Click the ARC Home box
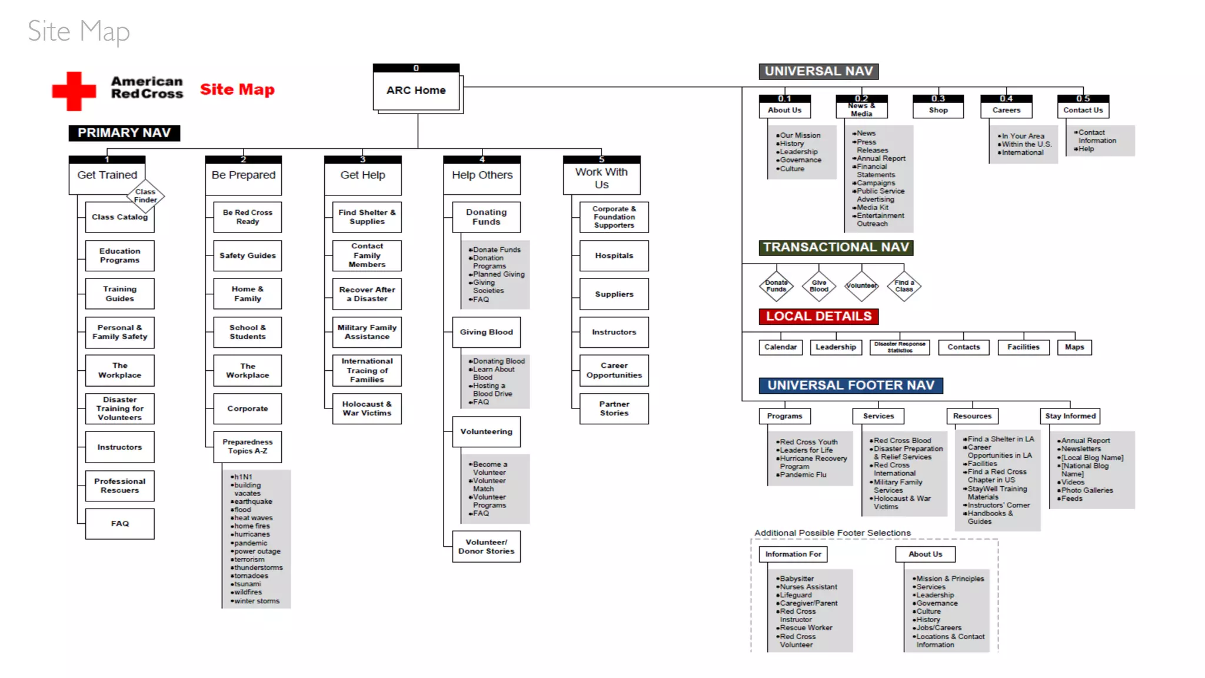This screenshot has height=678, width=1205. [x=416, y=90]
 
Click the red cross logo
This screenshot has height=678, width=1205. [x=74, y=91]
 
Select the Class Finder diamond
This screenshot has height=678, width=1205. [x=145, y=195]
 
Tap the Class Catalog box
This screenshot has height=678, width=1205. [x=119, y=217]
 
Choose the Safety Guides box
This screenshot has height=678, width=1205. [x=247, y=255]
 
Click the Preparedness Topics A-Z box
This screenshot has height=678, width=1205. [x=247, y=447]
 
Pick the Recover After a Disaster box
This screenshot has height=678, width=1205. [x=367, y=294]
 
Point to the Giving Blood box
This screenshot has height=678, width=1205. [x=486, y=332]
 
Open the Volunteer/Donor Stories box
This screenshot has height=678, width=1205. [x=486, y=547]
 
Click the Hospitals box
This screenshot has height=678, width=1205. [x=614, y=255]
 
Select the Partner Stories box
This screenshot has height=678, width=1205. [x=614, y=408]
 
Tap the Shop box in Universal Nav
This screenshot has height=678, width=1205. [x=938, y=110]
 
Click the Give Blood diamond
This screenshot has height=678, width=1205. [x=818, y=286]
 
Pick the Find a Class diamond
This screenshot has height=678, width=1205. [x=904, y=286]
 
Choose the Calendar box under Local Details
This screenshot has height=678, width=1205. [x=780, y=347]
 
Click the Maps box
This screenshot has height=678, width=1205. [x=1074, y=347]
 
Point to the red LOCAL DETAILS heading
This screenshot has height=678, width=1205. [x=818, y=317]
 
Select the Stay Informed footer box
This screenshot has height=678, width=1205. [x=1070, y=416]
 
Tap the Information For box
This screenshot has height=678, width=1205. [x=793, y=554]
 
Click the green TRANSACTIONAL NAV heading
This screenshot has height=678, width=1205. [x=835, y=248]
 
